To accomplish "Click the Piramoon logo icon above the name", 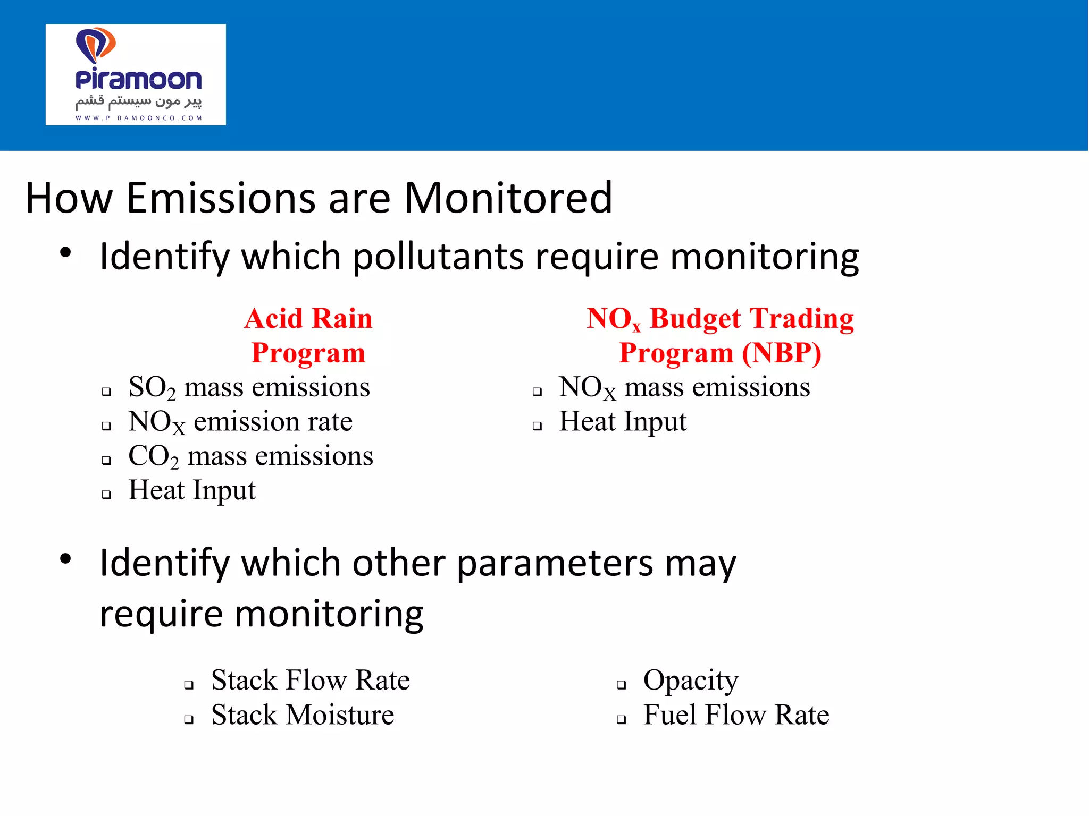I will [x=96, y=45].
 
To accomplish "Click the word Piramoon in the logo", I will [x=138, y=80].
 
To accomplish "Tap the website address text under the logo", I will [x=138, y=118].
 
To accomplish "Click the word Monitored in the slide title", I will [x=508, y=198].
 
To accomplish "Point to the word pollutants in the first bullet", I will [x=438, y=257].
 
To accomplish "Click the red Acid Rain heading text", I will [x=308, y=319].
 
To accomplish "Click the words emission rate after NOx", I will [x=273, y=422].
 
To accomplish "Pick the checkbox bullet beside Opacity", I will [x=621, y=685].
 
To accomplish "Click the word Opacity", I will [x=691, y=681].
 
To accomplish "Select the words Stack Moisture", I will [x=303, y=715].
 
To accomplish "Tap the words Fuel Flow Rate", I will [x=736, y=715].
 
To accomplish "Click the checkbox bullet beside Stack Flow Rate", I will [x=189, y=685].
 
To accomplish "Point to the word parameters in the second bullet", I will [x=555, y=564].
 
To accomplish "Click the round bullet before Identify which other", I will [x=65, y=559].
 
